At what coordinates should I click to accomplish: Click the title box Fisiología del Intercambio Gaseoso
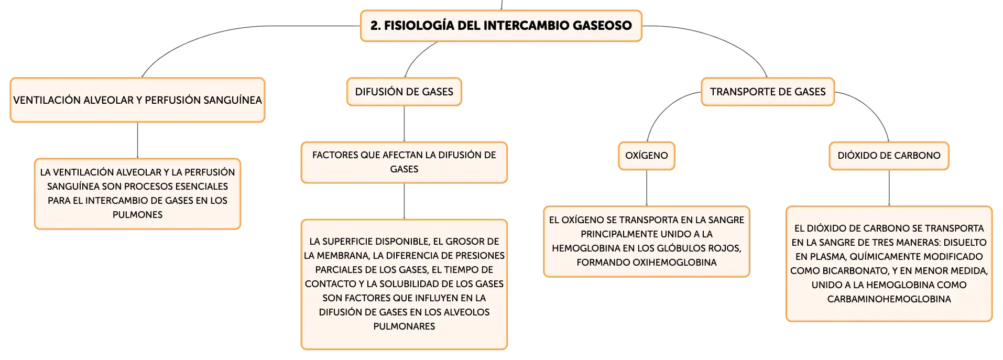tap(501, 26)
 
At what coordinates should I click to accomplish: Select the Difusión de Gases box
tap(404, 92)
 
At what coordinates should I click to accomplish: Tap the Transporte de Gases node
tap(768, 92)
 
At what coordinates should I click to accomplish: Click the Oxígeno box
tap(647, 156)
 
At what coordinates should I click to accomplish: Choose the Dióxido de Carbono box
tap(889, 156)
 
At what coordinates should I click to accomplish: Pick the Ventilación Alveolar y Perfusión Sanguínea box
tap(137, 100)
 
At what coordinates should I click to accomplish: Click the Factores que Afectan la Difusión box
tap(404, 162)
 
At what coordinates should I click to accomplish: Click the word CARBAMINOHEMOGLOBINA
tap(889, 299)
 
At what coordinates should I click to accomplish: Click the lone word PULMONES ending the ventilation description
tap(137, 215)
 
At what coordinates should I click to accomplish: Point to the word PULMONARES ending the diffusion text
tap(404, 326)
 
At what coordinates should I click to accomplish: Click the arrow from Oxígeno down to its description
tap(647, 188)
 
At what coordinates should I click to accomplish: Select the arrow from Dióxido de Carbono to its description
tap(889, 188)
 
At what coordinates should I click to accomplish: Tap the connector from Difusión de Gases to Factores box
tap(404, 124)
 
